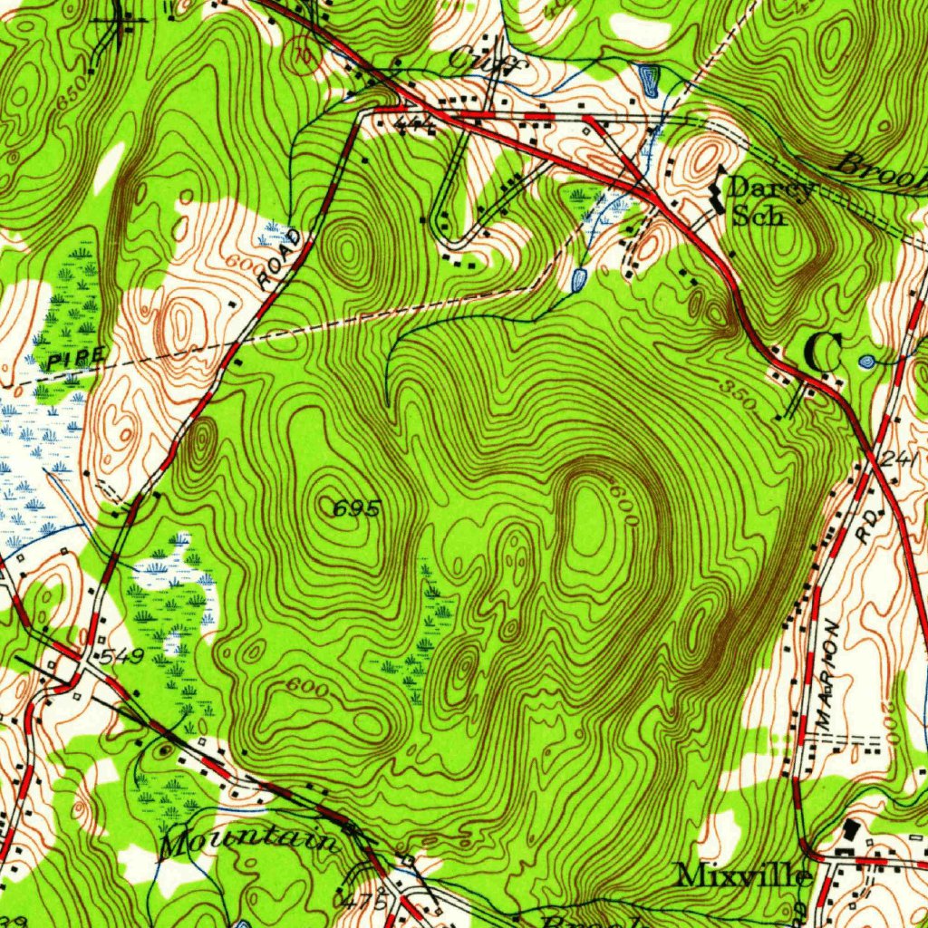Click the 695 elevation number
click(x=356, y=509)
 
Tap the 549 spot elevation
click(x=121, y=656)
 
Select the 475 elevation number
click(x=359, y=902)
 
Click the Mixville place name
click(x=743, y=875)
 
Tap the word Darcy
click(x=771, y=188)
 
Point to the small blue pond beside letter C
click(x=866, y=362)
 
